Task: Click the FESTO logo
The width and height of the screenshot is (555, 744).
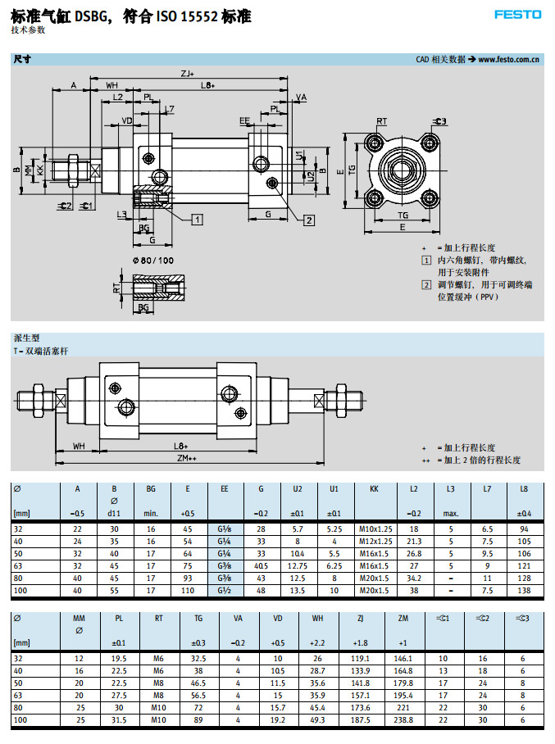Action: tap(517, 14)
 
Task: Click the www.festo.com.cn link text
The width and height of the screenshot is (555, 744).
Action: tap(508, 59)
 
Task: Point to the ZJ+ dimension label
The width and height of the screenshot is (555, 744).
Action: tap(188, 75)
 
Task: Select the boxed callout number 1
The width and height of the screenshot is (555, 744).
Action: tap(198, 219)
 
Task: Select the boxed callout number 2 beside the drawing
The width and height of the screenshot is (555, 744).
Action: tap(309, 220)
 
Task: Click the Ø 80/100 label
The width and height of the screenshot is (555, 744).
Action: tap(152, 260)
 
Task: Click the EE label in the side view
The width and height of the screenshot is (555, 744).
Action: tap(244, 120)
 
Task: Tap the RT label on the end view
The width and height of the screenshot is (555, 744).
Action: tap(381, 121)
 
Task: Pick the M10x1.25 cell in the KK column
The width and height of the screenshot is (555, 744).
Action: tap(375, 529)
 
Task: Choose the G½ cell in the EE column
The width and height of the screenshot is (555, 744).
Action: tap(224, 590)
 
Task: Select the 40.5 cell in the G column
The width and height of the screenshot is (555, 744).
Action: tap(262, 565)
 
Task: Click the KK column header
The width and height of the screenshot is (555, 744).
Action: tap(375, 488)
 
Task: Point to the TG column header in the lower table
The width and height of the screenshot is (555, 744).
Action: tap(198, 618)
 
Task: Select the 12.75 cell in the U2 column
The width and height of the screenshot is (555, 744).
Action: tap(298, 565)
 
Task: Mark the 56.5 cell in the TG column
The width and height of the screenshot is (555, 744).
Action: tap(198, 694)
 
